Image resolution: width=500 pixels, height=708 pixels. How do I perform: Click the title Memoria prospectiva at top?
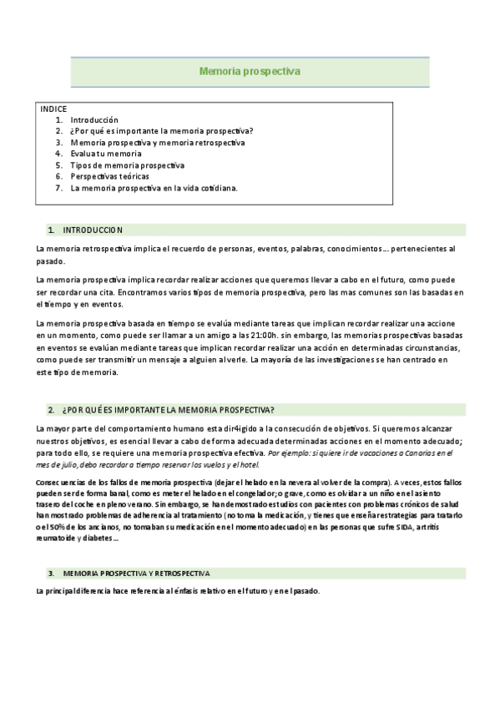[x=250, y=72]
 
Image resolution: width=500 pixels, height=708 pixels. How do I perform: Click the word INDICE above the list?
[x=53, y=109]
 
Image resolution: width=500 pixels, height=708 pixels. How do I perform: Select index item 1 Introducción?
[x=94, y=120]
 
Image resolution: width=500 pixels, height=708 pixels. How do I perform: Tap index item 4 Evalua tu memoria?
[x=106, y=154]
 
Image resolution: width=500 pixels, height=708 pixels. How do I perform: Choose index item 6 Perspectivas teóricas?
[x=110, y=176]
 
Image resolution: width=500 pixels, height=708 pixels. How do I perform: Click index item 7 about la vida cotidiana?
[x=154, y=188]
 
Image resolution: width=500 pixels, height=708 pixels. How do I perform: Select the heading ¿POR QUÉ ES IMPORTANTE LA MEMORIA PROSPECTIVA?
[x=168, y=409]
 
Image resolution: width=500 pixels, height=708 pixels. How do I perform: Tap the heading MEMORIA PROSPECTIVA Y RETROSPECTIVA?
[x=136, y=574]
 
